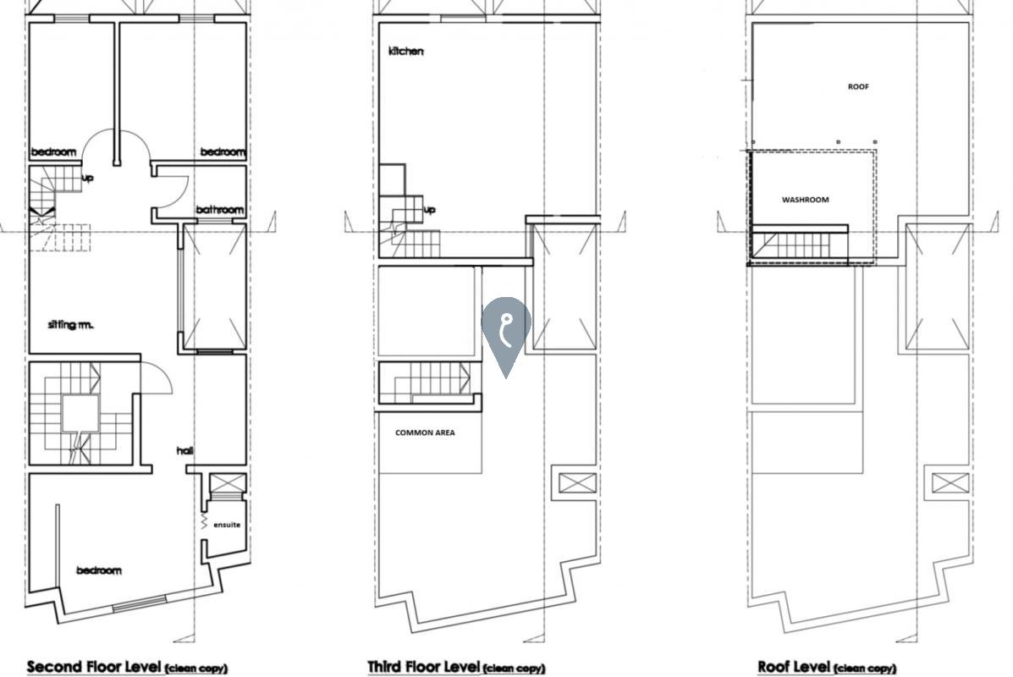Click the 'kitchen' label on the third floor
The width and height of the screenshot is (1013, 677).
pos(405,51)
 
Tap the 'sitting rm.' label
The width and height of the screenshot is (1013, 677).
pos(70,324)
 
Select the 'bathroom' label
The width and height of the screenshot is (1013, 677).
pos(220,209)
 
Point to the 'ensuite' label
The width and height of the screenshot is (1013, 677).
pos(227,525)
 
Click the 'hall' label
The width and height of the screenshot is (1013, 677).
pos(184,450)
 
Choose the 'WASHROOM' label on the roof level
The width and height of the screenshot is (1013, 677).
pos(805,200)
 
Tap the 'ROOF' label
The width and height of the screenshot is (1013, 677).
pos(858,86)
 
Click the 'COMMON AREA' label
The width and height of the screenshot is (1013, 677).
pos(425,432)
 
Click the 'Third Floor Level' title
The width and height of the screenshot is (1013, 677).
pos(424,666)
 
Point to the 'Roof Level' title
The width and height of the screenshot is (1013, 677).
pos(794,666)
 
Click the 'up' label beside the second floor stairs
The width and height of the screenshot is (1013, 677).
pos(87,178)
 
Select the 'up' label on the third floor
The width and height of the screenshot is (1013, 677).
pos(430,209)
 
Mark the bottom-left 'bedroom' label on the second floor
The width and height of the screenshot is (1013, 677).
pos(99,570)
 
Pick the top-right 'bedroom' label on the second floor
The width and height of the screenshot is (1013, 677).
pos(223,151)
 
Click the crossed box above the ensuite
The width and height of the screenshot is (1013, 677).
pos(228,483)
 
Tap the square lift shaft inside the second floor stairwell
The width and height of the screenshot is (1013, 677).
pos(80,414)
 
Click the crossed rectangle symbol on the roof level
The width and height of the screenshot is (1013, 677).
pos(950,483)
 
